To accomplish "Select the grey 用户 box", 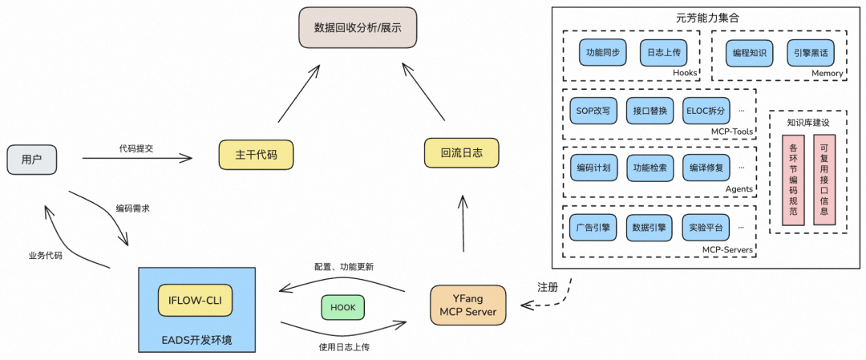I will pyautogui.click(x=32, y=160).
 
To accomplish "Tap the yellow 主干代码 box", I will pyautogui.click(x=254, y=155).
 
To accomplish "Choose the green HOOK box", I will pyautogui.click(x=343, y=307).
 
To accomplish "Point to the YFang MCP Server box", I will pyautogui.click(x=469, y=305).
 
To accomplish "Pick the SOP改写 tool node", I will pyautogui.click(x=593, y=110).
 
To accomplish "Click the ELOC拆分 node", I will pyautogui.click(x=706, y=110).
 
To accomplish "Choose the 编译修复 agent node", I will pyautogui.click(x=706, y=168).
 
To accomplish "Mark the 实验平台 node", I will pyautogui.click(x=706, y=227).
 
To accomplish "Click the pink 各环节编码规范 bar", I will pyautogui.click(x=793, y=180).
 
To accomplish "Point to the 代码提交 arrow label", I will pyautogui.click(x=138, y=148).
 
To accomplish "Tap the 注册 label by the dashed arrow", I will pyautogui.click(x=547, y=287).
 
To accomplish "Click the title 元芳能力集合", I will pyautogui.click(x=707, y=17).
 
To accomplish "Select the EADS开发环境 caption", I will pyautogui.click(x=197, y=341).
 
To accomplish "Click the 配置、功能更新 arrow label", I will pyautogui.click(x=342, y=266).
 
